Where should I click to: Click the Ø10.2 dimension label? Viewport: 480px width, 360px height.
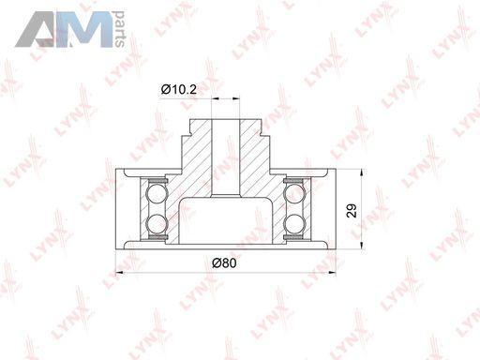click(x=179, y=90)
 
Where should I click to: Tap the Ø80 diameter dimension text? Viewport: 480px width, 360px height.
click(x=224, y=262)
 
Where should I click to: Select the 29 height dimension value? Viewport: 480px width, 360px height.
click(x=352, y=210)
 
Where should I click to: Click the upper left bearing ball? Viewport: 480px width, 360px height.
click(x=157, y=193)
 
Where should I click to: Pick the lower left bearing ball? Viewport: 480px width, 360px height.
click(x=157, y=224)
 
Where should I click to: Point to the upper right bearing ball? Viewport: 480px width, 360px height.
click(x=294, y=193)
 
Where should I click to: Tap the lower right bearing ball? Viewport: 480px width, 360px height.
click(x=294, y=224)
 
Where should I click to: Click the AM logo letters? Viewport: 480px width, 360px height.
click(x=64, y=29)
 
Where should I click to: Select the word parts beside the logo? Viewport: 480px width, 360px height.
click(x=119, y=29)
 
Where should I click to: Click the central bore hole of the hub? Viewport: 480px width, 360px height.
click(x=226, y=157)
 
